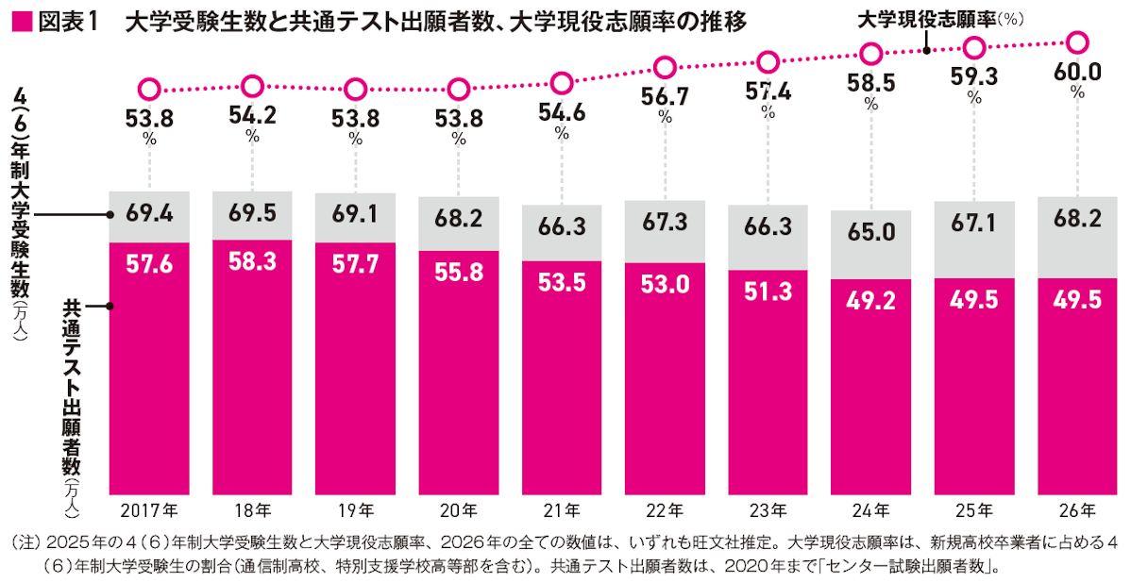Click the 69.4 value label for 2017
point(149,214)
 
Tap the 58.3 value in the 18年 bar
point(252,262)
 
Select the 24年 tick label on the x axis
point(870,510)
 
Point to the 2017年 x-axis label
point(149,510)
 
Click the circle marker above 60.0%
point(1077,42)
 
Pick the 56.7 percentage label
point(666,97)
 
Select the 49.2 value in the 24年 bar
point(870,299)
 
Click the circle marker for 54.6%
point(563,83)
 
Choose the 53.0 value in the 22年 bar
point(665,284)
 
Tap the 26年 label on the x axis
point(1077,510)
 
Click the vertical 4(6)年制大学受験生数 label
point(21,198)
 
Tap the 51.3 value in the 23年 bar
point(768,291)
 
